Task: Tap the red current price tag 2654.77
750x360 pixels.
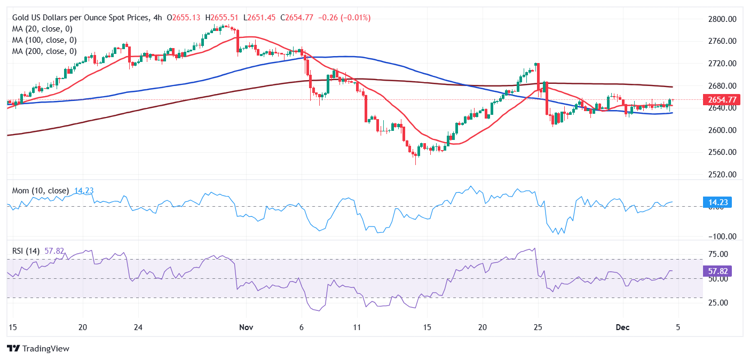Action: (722, 100)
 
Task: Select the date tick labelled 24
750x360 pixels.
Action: (138, 327)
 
